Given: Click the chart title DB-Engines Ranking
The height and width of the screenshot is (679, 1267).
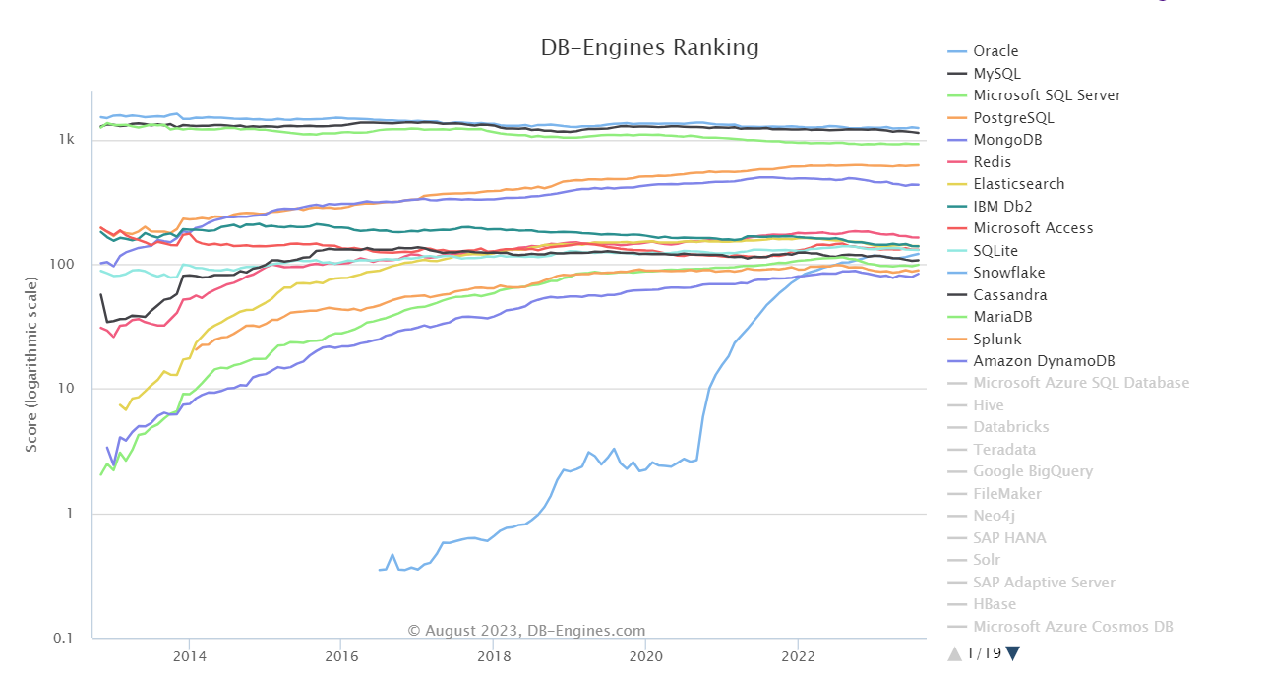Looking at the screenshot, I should tap(650, 48).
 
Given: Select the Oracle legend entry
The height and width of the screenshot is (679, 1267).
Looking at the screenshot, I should tap(995, 51).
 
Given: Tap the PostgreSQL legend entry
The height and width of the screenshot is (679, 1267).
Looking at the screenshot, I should tap(1013, 118).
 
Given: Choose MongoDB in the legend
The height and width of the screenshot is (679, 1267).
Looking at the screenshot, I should tap(1007, 140).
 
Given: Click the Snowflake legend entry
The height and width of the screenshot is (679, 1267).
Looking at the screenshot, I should tap(1008, 273).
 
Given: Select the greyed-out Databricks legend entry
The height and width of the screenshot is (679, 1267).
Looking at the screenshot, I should tap(1010, 427).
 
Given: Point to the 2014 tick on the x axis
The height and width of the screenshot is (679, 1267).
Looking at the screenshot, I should tap(189, 655).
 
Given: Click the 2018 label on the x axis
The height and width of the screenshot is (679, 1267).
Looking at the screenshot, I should tap(493, 655).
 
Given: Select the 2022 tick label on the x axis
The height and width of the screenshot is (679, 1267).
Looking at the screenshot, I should tap(797, 655).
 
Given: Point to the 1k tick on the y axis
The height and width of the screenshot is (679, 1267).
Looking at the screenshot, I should tap(67, 140).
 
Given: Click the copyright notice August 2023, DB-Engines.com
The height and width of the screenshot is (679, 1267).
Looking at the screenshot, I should tap(527, 631).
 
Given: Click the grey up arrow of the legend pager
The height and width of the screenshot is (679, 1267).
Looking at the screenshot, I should tap(954, 653).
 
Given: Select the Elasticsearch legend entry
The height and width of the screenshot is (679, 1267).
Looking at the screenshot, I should tap(1018, 184).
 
